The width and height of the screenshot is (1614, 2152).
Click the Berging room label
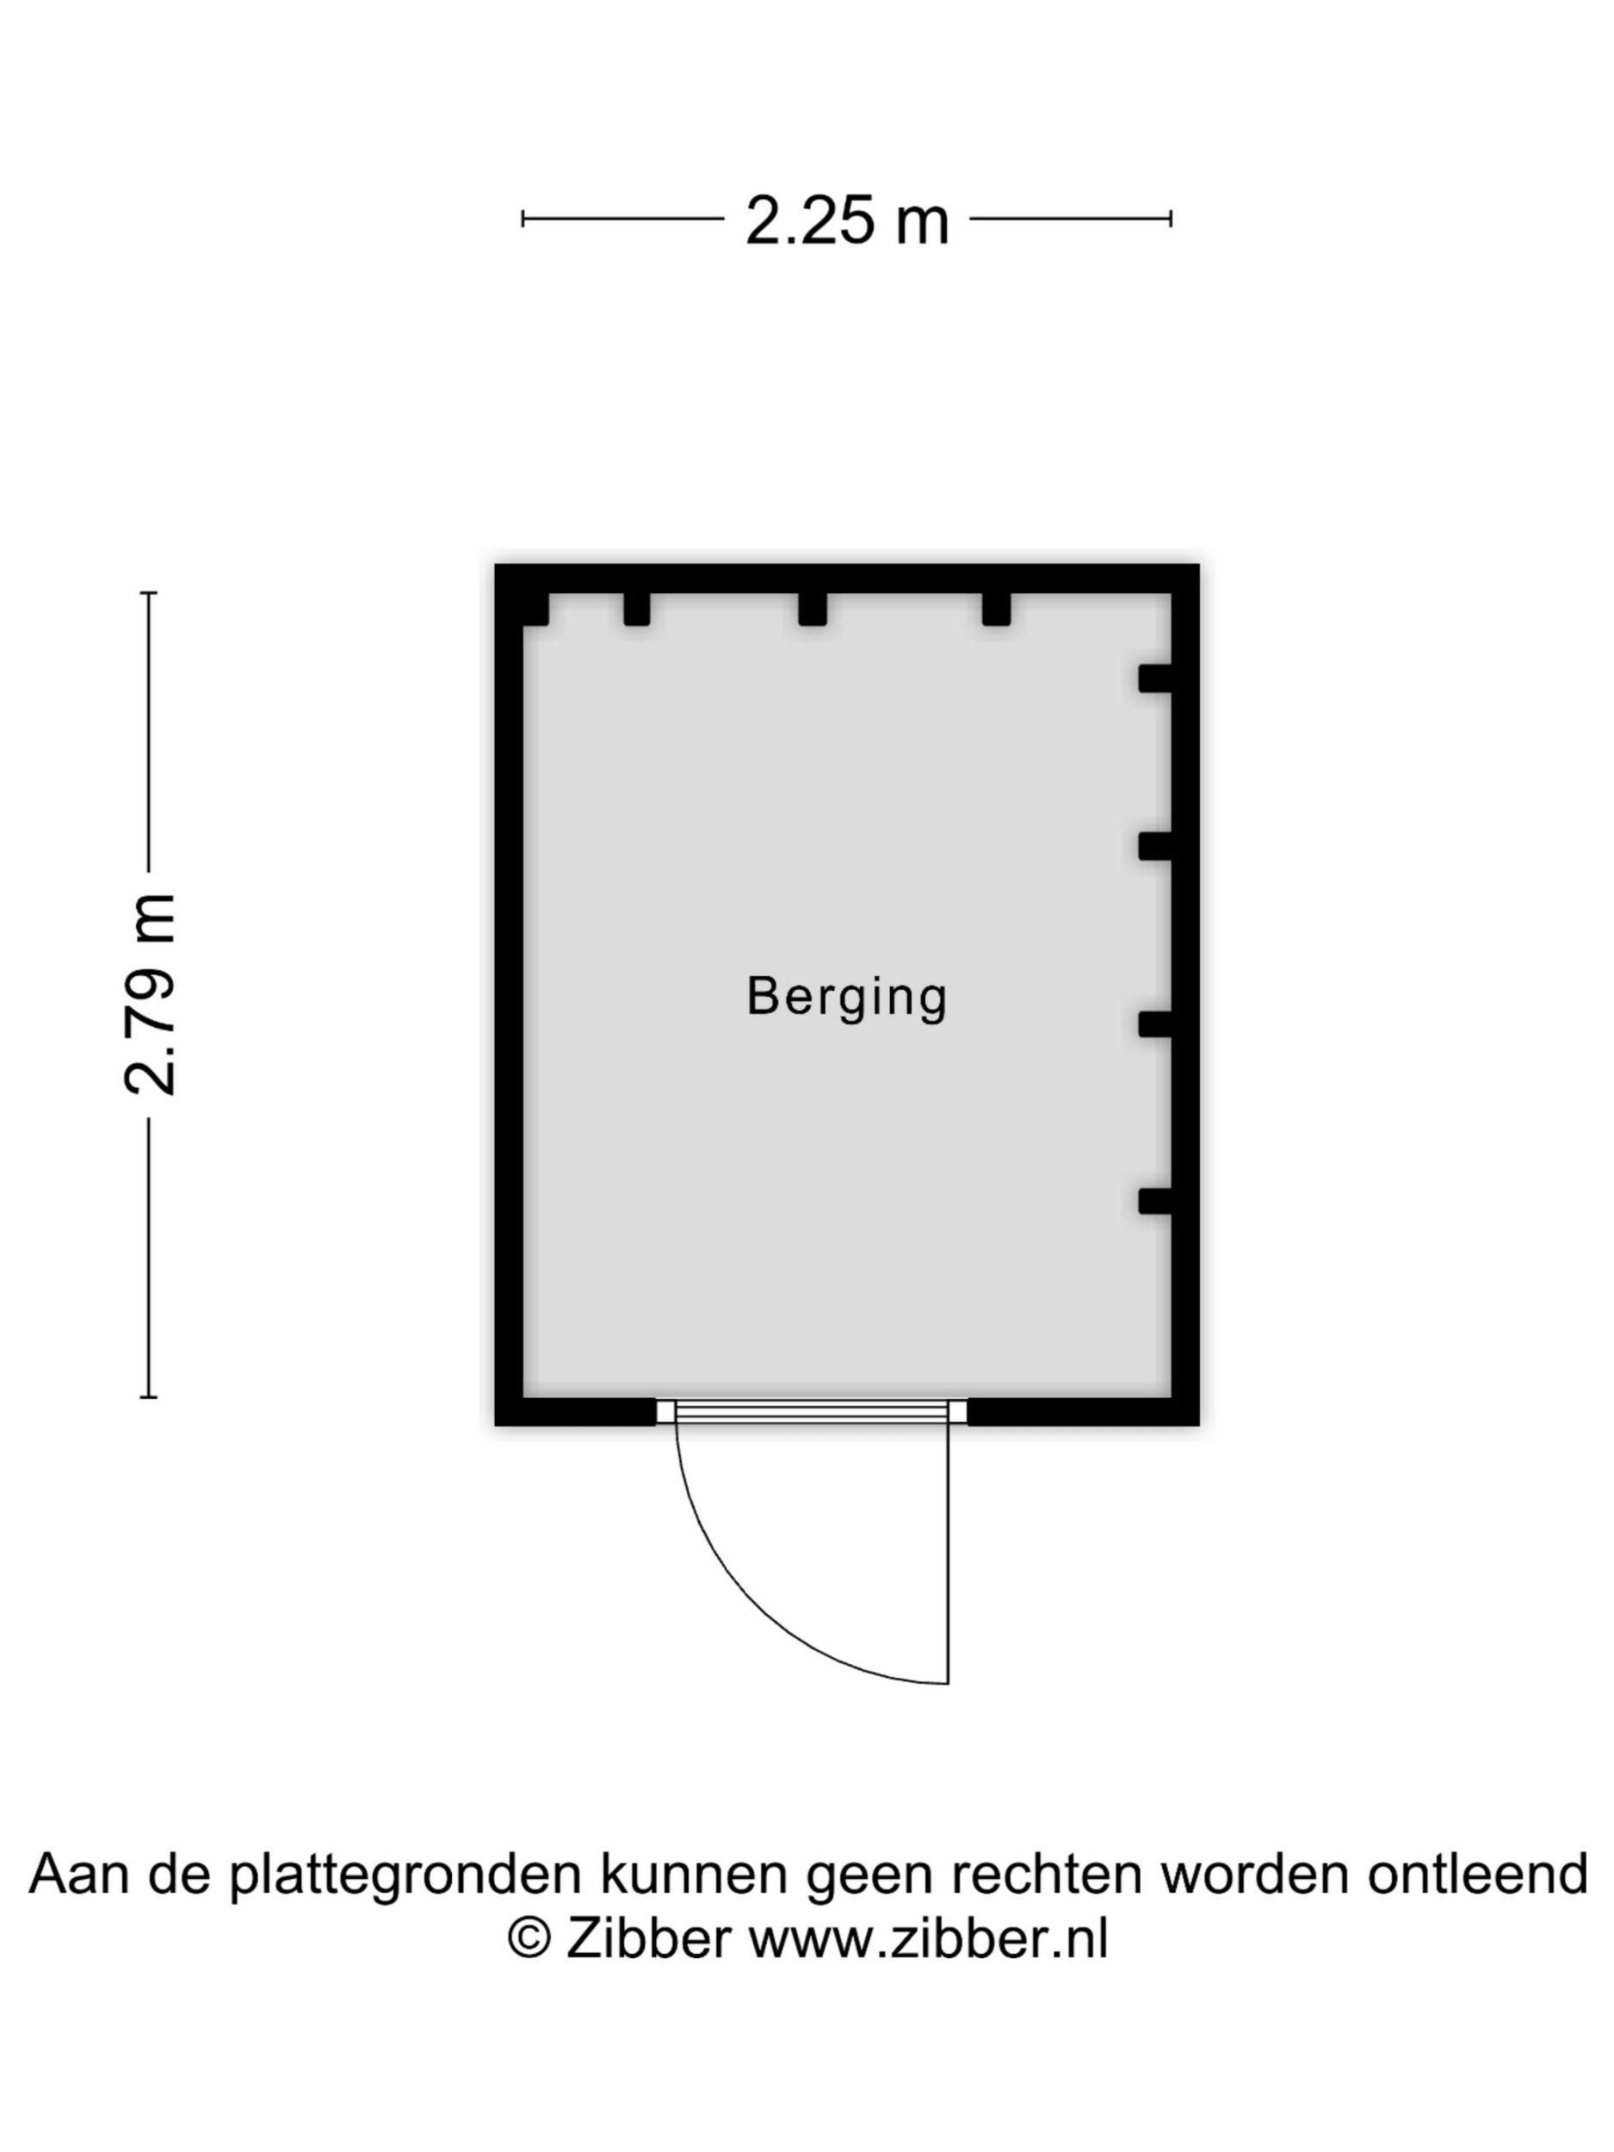846,997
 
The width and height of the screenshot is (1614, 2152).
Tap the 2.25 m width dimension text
846,221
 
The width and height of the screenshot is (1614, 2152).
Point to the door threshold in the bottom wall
812,1412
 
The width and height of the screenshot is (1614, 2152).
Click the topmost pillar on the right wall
1155,678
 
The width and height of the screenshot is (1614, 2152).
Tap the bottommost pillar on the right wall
1155,1201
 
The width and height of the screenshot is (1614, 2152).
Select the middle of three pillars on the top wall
813,609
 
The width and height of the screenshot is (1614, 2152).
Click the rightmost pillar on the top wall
996,609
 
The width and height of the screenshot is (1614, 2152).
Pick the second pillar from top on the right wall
1155,846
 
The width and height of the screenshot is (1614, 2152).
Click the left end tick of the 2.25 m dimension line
523,219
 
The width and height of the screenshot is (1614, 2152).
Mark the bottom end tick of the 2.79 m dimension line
149,1397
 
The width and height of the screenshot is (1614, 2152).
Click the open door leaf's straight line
949,1553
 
